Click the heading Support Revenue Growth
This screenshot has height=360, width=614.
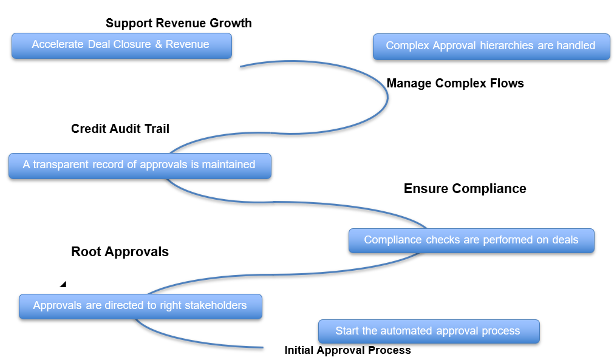[x=179, y=24]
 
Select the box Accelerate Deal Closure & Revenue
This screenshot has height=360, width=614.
[x=121, y=46]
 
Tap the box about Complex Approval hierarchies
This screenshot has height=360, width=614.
[x=491, y=46]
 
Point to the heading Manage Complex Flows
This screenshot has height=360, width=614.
[x=455, y=84]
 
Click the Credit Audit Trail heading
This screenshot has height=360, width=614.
[x=120, y=129]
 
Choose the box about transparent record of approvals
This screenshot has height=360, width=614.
[x=140, y=166]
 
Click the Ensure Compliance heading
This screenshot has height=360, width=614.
[x=465, y=189]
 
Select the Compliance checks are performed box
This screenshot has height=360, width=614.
[x=471, y=240]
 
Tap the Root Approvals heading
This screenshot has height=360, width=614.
[x=120, y=252]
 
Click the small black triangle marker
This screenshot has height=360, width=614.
[x=63, y=284]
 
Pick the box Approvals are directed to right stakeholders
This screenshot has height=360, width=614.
[x=140, y=306]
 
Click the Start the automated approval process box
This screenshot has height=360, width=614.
[x=428, y=331]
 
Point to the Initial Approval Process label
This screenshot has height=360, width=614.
[x=347, y=350]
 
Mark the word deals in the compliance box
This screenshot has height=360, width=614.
[x=565, y=240]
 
